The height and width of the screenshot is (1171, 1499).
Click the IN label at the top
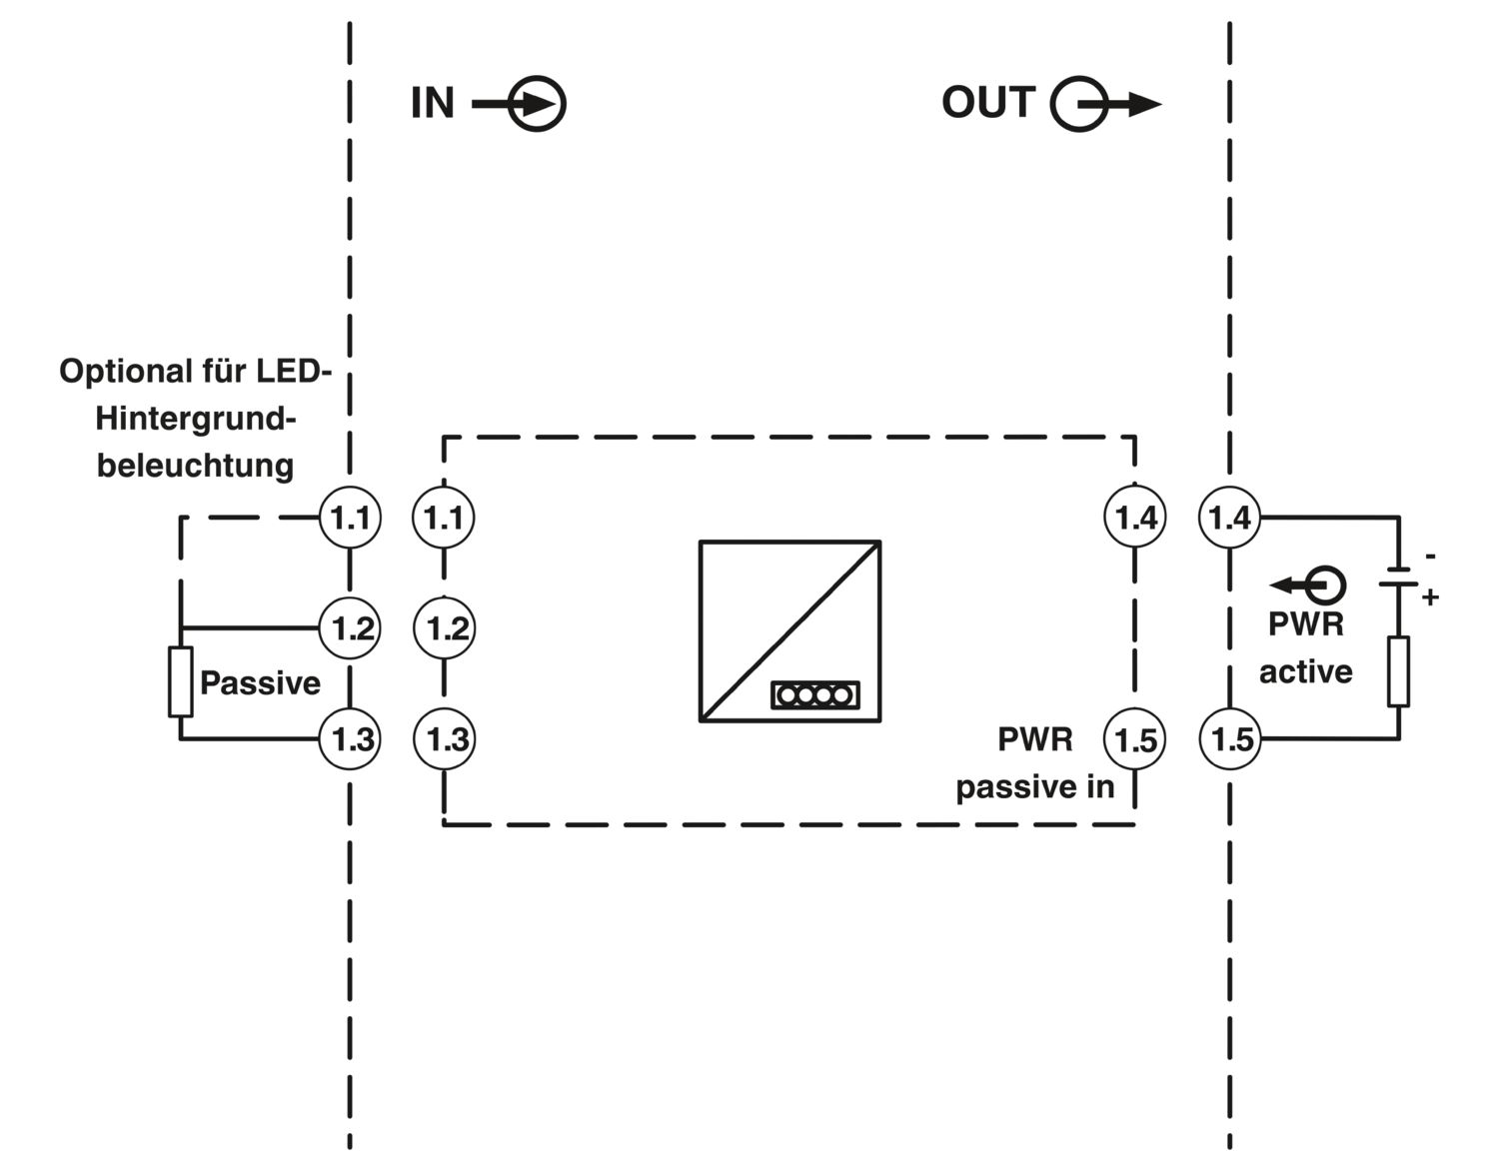(x=433, y=104)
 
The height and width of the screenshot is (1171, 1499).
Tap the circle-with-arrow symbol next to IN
(x=519, y=104)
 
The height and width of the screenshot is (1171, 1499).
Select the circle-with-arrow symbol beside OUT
(x=1106, y=104)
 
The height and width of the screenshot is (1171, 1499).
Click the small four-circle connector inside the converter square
(x=814, y=695)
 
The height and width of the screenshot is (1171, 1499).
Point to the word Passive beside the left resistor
(x=260, y=682)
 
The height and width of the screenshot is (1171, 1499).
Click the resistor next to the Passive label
(x=181, y=682)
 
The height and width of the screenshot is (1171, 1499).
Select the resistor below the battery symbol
(x=1398, y=671)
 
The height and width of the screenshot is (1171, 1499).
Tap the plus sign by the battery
(x=1430, y=597)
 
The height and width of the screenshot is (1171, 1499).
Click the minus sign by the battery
(x=1431, y=556)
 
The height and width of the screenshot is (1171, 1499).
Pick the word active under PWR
(x=1305, y=671)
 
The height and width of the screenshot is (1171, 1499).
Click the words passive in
(x=1034, y=787)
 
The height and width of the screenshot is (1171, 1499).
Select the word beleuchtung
(x=195, y=466)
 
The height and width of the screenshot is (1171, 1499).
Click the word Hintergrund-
(x=196, y=419)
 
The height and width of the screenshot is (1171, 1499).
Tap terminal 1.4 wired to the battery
(x=1229, y=518)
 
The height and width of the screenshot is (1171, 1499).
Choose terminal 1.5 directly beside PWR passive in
(x=1135, y=739)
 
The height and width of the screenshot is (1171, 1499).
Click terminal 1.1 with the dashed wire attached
(x=350, y=518)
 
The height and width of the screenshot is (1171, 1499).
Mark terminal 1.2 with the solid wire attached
(x=350, y=628)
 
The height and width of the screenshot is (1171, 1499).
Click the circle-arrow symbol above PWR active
(x=1308, y=585)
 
